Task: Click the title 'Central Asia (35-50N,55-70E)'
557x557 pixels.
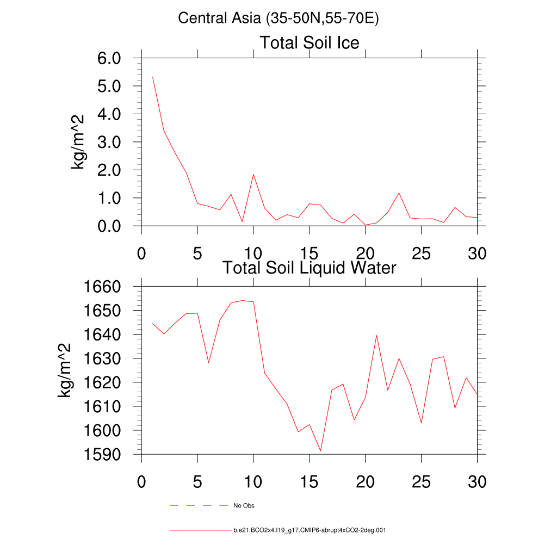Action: [x=278, y=18]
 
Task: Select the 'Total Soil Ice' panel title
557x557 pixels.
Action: [x=309, y=42]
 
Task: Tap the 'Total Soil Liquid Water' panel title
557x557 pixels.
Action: [x=309, y=268]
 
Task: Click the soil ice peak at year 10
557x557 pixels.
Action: [x=253, y=175]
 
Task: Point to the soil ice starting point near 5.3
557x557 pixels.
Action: [x=153, y=77]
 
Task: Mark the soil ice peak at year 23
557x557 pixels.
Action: [x=399, y=193]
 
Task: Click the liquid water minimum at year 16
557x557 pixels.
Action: [x=321, y=450]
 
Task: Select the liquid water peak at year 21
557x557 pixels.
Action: [x=376, y=335]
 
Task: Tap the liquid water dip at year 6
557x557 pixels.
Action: [x=209, y=363]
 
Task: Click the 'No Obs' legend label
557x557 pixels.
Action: [x=244, y=506]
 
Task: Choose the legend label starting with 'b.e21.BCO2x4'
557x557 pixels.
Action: [x=310, y=530]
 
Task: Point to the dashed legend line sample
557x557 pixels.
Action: [x=198, y=506]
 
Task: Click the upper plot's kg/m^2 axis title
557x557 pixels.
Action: [x=79, y=142]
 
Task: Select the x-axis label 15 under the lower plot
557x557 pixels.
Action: [x=309, y=482]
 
